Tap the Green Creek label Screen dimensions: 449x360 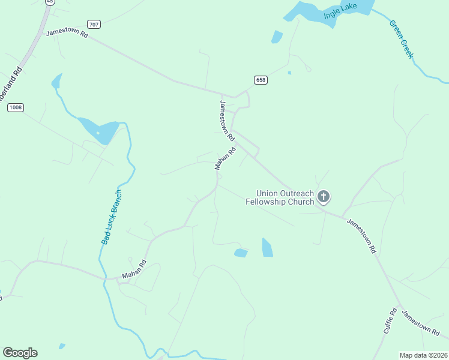click(402, 40)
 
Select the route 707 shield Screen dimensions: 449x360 click(93, 24)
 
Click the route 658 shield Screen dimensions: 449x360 click(260, 80)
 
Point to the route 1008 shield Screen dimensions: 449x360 click(16, 107)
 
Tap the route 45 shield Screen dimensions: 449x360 click(49, 2)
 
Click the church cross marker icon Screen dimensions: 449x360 click(324, 196)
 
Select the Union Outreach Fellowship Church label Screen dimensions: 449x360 click(280, 197)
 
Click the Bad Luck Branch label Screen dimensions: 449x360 click(112, 217)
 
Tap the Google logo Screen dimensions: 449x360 click(20, 353)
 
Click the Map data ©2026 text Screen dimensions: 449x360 click(424, 355)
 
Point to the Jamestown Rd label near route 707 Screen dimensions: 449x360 click(67, 34)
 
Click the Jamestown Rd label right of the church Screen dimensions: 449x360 click(361, 235)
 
